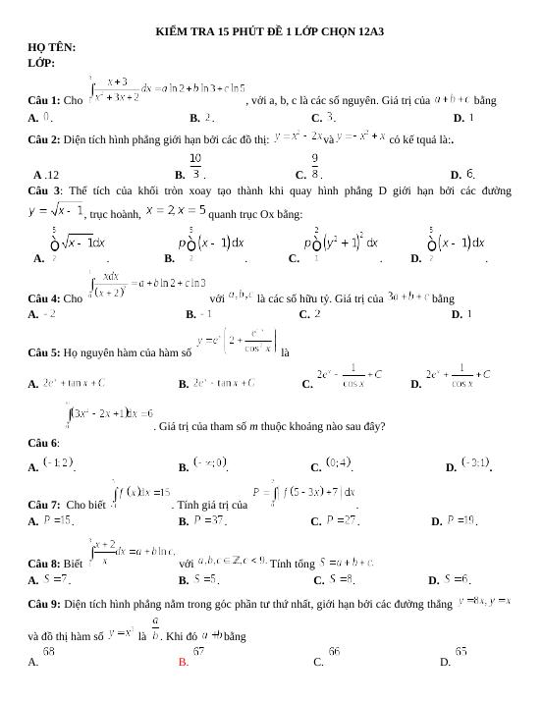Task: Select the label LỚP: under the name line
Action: click(41, 63)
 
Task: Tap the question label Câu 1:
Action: click(46, 101)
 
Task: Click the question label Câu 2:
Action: click(46, 140)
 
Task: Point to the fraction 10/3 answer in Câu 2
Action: click(196, 166)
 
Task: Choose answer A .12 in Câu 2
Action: click(46, 173)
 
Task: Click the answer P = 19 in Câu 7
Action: click(462, 520)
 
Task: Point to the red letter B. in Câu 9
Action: click(184, 663)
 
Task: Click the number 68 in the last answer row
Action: click(48, 651)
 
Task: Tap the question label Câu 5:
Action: click(46, 352)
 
